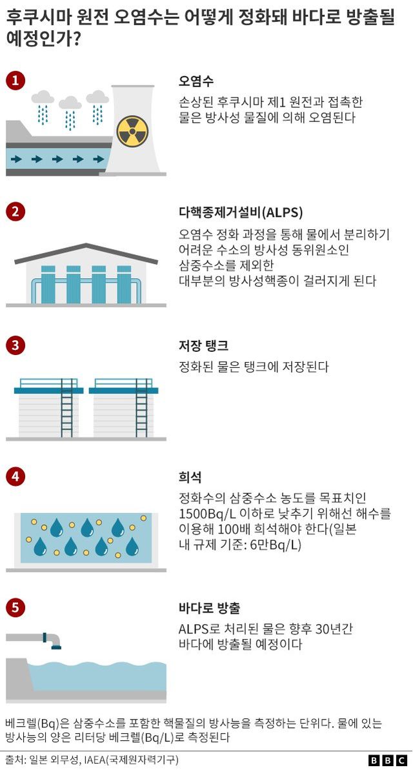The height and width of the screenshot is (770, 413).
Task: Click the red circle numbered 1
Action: tap(15, 81)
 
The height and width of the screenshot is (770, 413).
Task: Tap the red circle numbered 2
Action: tap(15, 212)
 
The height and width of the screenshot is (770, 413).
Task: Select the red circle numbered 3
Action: tap(15, 345)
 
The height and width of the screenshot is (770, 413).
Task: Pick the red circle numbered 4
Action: tap(15, 477)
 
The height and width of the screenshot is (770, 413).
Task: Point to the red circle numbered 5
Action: tap(15, 608)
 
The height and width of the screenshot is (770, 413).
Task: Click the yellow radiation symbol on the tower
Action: tap(132, 131)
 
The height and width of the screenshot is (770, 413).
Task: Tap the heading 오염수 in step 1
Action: tap(196, 81)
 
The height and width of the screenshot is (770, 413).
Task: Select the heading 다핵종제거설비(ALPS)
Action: tap(241, 212)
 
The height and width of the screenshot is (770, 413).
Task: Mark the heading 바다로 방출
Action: tap(209, 608)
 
